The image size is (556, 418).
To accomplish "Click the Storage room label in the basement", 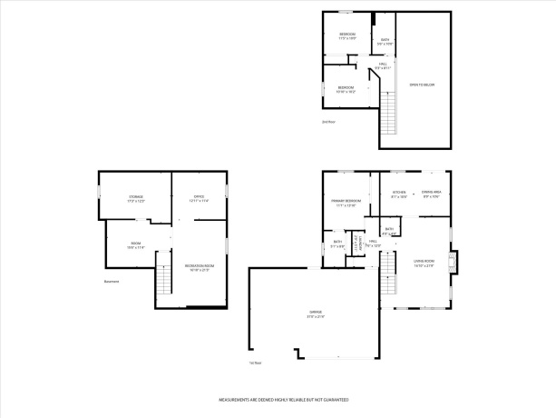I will tap(135, 198).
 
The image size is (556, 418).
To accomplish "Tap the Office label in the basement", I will tap(200, 198).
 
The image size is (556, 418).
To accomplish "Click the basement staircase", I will tap(164, 277).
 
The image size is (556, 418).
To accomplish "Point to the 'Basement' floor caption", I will tap(112, 281).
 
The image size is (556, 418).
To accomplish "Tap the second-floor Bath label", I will tap(385, 41).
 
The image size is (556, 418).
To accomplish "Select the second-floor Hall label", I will tap(383, 65).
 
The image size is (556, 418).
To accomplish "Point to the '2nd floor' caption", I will tap(327, 121).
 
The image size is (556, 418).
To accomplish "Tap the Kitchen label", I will tap(399, 194).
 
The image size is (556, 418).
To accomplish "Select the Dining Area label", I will tap(432, 194).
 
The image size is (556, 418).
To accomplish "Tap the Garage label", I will tap(316, 314).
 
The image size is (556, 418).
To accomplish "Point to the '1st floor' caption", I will tap(255, 363).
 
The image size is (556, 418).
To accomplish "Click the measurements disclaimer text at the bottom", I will tap(278, 399).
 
